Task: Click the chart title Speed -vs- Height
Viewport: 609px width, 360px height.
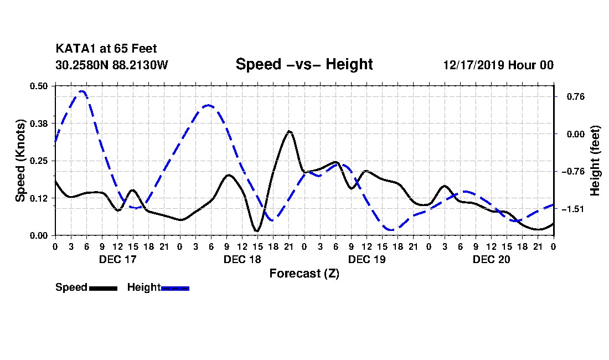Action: [304, 64]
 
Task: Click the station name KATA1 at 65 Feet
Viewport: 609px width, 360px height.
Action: [106, 49]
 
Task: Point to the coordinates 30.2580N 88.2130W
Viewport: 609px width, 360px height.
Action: [111, 65]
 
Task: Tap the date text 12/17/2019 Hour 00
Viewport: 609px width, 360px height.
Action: [498, 65]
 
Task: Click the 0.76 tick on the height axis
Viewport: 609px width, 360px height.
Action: [570, 96]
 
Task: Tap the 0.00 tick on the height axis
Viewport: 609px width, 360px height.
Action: [570, 134]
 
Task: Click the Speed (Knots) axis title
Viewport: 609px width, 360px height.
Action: [20, 160]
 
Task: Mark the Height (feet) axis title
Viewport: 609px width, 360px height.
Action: [596, 160]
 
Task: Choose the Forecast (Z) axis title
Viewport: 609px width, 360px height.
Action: [304, 274]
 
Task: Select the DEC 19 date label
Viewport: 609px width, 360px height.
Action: [367, 259]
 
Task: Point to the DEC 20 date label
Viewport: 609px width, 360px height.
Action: [491, 259]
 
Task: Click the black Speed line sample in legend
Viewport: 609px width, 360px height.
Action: [102, 288]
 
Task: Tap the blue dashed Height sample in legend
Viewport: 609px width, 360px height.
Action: [175, 288]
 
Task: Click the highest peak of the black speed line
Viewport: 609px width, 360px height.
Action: [289, 131]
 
